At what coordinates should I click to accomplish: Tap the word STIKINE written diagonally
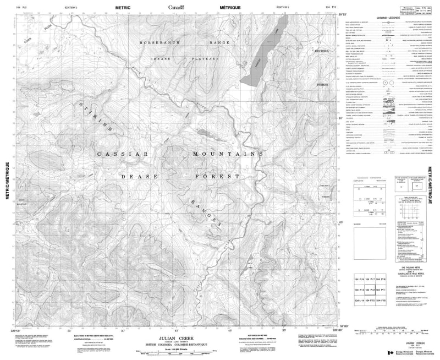(x=98, y=116)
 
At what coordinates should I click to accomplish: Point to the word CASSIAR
(x=122, y=156)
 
